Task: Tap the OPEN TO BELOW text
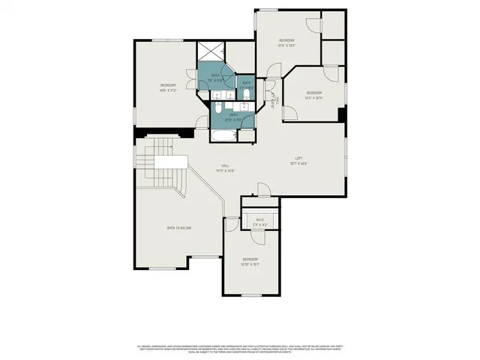click(179, 227)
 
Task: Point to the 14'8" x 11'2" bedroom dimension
click(167, 90)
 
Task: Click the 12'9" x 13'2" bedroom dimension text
click(287, 45)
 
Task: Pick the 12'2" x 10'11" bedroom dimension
click(313, 97)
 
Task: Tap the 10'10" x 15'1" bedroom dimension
click(250, 264)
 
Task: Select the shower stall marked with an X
click(211, 52)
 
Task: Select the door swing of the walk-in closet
click(232, 223)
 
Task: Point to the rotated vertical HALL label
click(275, 98)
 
